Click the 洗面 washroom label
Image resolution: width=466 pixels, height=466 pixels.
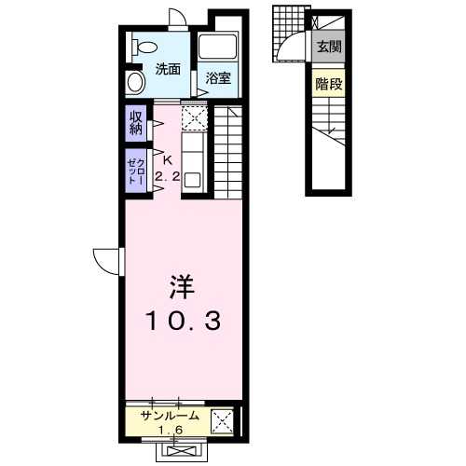(x=168, y=69)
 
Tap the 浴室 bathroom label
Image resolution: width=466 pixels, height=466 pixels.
(x=218, y=77)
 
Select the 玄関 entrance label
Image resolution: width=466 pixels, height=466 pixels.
(x=329, y=47)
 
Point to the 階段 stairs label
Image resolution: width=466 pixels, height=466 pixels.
(x=329, y=84)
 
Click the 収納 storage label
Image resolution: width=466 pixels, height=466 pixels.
(x=136, y=123)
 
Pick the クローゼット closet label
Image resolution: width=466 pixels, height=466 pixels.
(x=136, y=171)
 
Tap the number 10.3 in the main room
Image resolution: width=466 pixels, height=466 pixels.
(x=184, y=321)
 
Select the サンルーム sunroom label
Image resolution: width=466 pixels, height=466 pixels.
(x=170, y=416)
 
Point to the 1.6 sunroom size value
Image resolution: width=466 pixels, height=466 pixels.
(x=171, y=430)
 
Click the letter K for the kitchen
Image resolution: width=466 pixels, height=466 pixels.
(x=168, y=160)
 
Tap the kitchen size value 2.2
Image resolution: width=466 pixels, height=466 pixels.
(x=168, y=177)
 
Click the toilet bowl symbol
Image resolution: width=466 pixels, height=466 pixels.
(x=144, y=48)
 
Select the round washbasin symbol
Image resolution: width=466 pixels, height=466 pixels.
(x=136, y=82)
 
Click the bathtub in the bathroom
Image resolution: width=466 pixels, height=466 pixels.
(x=217, y=47)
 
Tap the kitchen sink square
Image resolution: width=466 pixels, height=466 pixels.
(x=193, y=180)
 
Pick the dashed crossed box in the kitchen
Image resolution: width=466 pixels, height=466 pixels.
(x=194, y=118)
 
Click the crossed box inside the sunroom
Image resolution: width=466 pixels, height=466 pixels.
(x=222, y=421)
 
